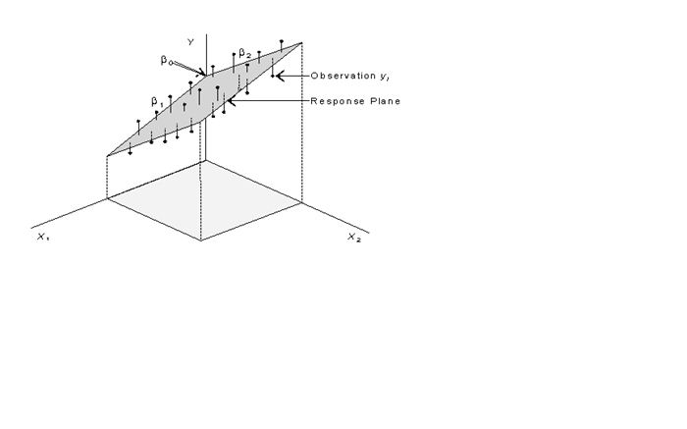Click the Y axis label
(190, 42)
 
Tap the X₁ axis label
(43, 237)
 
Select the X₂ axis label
(354, 237)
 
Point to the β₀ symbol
(166, 60)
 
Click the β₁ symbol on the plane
(157, 102)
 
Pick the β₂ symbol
(245, 53)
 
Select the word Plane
(386, 101)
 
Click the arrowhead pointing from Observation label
(280, 76)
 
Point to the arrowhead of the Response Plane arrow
(232, 101)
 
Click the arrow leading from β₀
(188, 69)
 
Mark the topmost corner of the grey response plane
(301, 43)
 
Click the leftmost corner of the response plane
(107, 155)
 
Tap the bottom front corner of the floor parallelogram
(201, 241)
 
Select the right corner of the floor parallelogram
(301, 202)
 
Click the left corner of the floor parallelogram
(107, 198)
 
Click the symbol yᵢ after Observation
(385, 77)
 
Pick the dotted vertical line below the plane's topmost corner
(301, 123)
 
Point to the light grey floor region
(204, 200)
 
